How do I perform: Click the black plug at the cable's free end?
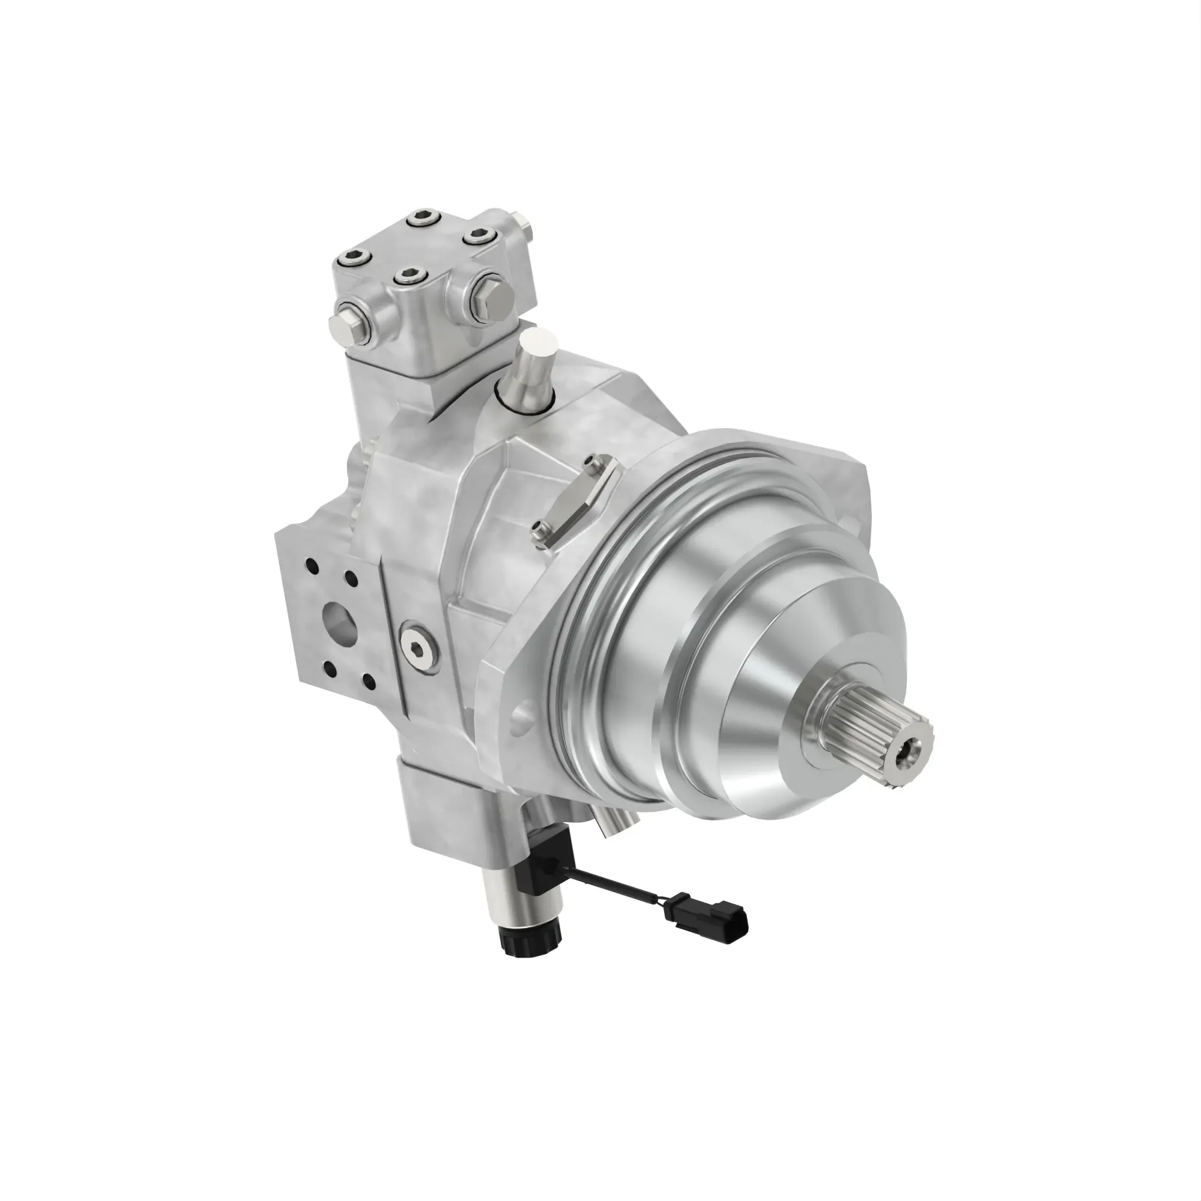pyautogui.click(x=724, y=917)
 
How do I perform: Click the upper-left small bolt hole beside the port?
pyautogui.click(x=311, y=566)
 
